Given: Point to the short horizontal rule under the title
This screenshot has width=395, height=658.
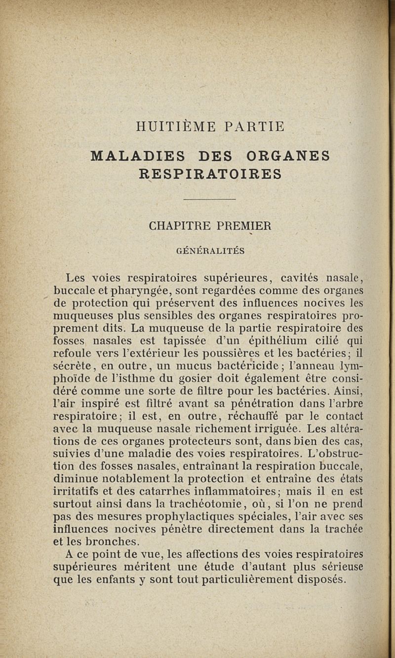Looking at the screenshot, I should (210, 199).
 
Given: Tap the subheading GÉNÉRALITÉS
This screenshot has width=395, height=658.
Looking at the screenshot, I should (210, 251).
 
